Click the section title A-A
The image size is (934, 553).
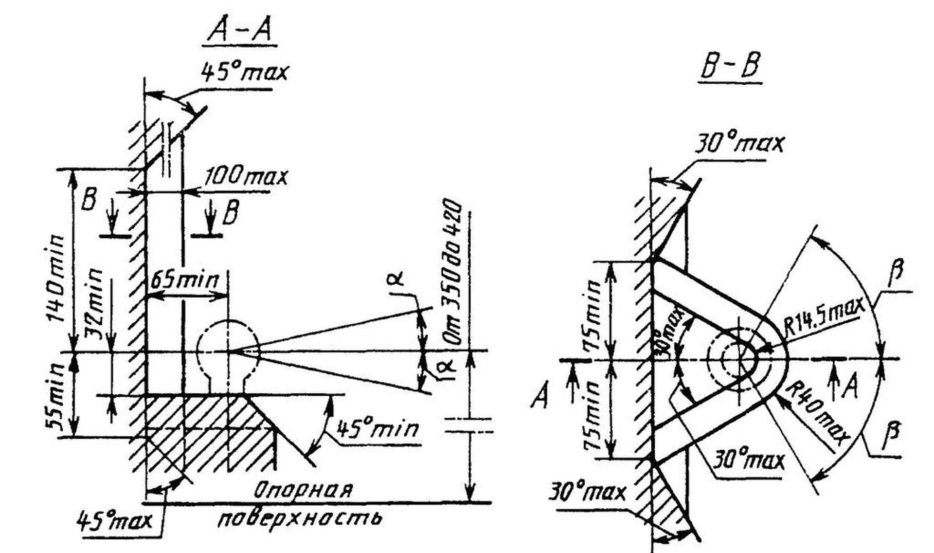(239, 30)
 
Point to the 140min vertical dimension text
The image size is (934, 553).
(55, 278)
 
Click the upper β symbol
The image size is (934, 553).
(896, 274)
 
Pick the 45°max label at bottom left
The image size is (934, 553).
(114, 521)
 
